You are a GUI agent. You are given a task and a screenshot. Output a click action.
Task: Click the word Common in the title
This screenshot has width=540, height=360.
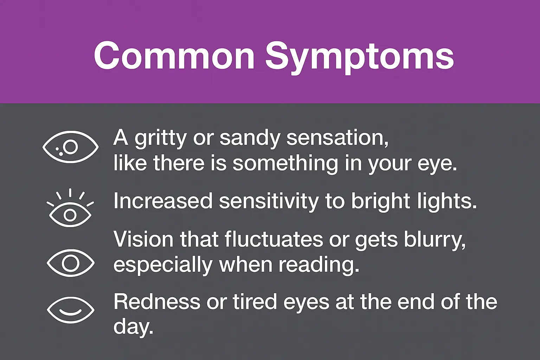[x=174, y=56]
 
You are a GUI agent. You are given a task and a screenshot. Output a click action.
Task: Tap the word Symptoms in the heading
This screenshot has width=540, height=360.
[x=360, y=58]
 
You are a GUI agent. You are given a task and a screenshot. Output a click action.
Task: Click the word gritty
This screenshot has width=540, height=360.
[x=160, y=139]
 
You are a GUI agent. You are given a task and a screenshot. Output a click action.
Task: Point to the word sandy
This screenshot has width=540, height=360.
[x=250, y=139]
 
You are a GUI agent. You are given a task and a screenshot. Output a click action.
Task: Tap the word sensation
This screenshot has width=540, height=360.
[x=337, y=138]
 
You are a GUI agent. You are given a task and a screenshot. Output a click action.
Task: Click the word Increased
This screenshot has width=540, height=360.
[x=163, y=201]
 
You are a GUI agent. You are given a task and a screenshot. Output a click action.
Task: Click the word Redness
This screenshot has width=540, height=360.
[x=157, y=302]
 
